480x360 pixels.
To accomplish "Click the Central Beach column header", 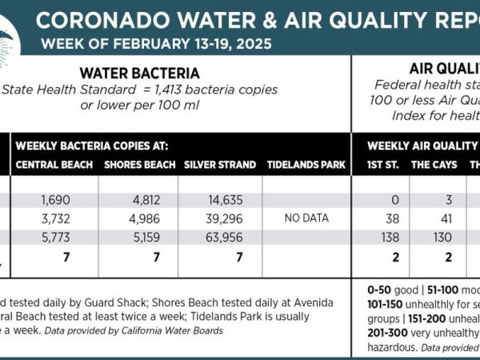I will (x=54, y=166).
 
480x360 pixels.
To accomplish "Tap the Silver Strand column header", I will (x=220, y=166).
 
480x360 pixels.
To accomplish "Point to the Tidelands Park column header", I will (x=307, y=166).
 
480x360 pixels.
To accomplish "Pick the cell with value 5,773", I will (x=54, y=238).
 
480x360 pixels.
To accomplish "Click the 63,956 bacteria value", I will (x=220, y=238).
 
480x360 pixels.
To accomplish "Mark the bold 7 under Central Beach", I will (x=54, y=258).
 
